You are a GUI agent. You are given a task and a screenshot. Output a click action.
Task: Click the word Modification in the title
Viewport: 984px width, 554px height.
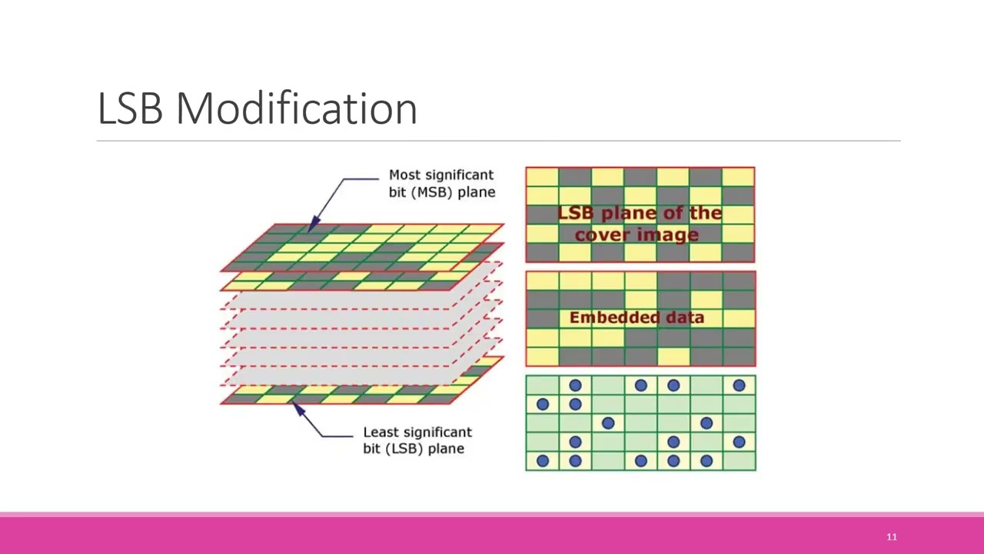click(x=297, y=108)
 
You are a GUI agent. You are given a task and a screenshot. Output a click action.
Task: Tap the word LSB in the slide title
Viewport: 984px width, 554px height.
click(x=130, y=108)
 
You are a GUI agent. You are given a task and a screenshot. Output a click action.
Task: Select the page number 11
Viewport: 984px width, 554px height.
click(x=892, y=537)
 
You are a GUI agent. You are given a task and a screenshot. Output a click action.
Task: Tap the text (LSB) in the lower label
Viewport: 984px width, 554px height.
click(x=408, y=449)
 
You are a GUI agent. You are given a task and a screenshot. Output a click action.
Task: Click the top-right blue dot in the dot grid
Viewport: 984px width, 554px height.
click(x=739, y=385)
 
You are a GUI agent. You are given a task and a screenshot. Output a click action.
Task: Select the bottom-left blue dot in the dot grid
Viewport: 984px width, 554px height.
click(x=543, y=461)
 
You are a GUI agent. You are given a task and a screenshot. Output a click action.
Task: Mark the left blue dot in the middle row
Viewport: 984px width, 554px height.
click(x=608, y=422)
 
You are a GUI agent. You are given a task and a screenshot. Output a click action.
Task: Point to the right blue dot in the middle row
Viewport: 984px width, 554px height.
click(x=706, y=422)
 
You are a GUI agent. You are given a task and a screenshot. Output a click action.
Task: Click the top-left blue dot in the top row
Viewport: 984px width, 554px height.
click(x=575, y=385)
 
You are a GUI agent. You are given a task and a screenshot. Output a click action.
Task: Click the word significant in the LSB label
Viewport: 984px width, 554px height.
click(x=435, y=432)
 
